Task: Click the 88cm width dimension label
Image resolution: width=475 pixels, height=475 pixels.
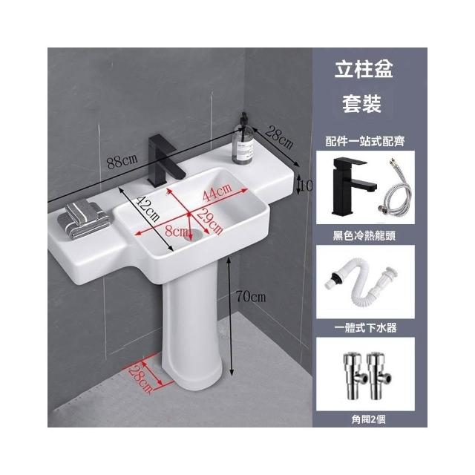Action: (x=122, y=162)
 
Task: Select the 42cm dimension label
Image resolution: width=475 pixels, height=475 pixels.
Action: (x=148, y=209)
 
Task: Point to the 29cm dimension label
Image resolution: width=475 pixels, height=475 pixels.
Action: (x=209, y=222)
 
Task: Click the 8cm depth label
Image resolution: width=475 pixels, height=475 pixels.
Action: (x=177, y=232)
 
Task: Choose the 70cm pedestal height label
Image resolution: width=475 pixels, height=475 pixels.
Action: (x=251, y=297)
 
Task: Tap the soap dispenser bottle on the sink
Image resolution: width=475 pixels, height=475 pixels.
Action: (x=243, y=141)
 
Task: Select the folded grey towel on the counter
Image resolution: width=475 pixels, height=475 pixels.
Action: (x=84, y=218)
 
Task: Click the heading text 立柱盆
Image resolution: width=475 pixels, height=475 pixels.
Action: (x=364, y=69)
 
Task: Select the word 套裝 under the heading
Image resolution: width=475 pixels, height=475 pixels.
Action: (x=361, y=104)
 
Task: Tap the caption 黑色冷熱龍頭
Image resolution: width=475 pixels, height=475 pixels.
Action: (x=364, y=235)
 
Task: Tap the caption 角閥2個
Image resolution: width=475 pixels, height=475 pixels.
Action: (x=369, y=419)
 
